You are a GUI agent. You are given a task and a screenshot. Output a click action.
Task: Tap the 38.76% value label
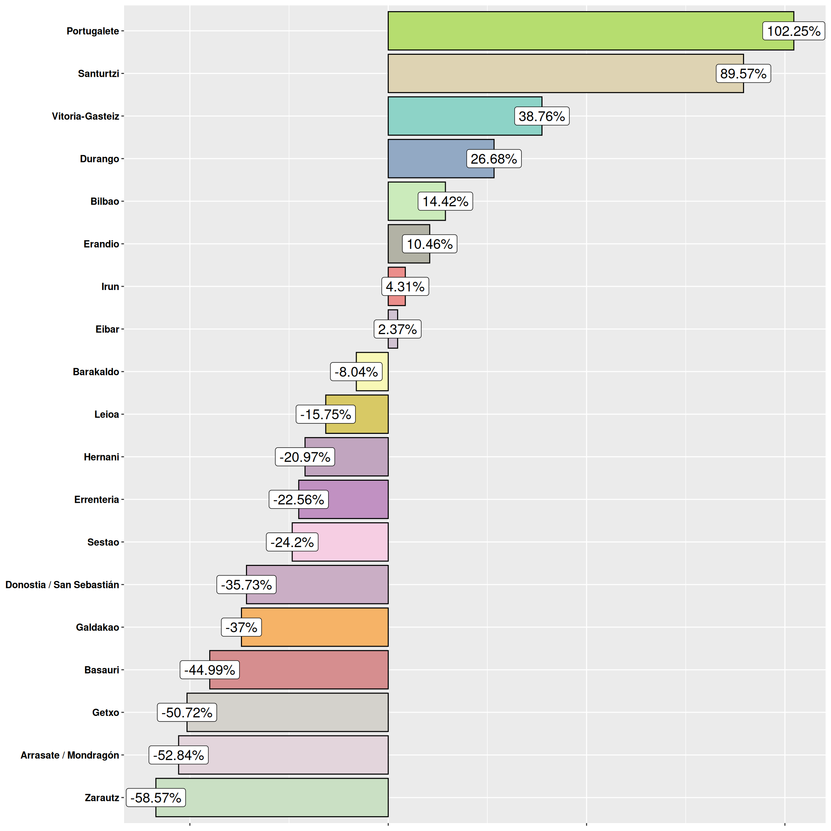(541, 116)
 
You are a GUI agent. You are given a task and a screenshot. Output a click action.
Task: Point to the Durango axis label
(99, 159)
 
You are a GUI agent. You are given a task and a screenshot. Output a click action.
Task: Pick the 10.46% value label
(429, 244)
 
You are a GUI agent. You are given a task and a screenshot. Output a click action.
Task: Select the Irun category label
(110, 286)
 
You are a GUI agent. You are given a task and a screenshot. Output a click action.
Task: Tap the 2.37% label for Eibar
(397, 329)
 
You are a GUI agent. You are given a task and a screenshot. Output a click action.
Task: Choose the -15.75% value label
(326, 414)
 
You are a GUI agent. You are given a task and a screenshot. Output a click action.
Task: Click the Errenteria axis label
(96, 500)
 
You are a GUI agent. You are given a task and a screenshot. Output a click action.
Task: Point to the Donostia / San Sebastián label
(62, 585)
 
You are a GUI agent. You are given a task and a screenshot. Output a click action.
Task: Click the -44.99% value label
(210, 670)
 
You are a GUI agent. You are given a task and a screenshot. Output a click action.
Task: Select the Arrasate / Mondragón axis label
(70, 755)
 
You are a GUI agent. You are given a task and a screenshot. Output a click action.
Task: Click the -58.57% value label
(156, 797)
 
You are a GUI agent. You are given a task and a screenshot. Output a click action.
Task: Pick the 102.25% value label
(793, 31)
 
